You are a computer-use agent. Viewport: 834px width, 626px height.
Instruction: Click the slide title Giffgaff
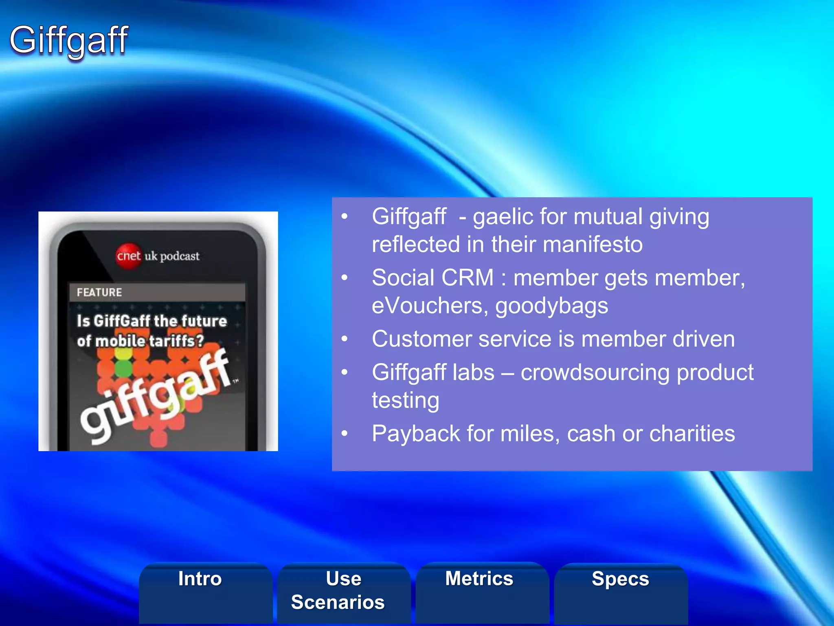coord(69,40)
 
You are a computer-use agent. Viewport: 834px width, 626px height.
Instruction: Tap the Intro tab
coord(200,579)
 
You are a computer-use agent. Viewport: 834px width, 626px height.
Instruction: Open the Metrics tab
coord(479,579)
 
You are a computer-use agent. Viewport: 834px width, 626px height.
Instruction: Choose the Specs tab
coord(620,579)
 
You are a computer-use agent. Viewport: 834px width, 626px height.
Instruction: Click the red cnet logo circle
coord(128,256)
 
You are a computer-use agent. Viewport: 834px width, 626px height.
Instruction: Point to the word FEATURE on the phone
coord(99,292)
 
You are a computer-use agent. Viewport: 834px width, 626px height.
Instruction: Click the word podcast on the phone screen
coord(180,256)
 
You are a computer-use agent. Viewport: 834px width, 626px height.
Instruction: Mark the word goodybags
coord(552,306)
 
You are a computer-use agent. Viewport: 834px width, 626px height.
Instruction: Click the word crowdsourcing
coord(595,373)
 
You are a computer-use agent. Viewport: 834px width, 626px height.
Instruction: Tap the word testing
coord(406,401)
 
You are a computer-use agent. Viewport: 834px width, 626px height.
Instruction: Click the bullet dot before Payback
coord(345,434)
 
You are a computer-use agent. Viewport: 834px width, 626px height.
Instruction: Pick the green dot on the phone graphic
coord(123,368)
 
